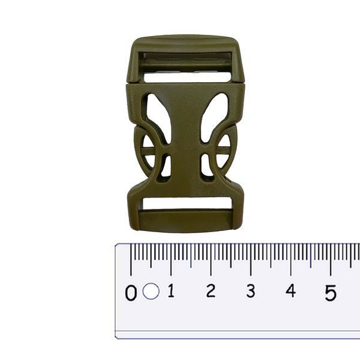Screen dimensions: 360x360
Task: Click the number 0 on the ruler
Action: click(x=131, y=293)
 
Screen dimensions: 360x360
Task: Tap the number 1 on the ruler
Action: click(x=171, y=290)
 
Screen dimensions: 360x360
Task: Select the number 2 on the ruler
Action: click(x=211, y=290)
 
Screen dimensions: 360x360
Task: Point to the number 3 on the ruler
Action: click(x=251, y=290)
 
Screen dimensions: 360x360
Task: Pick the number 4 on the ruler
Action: click(x=290, y=290)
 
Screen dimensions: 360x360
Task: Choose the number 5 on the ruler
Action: click(x=331, y=293)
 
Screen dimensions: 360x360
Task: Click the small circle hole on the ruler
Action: click(x=151, y=291)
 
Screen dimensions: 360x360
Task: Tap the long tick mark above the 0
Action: click(x=131, y=260)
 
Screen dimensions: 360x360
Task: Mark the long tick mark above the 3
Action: click(x=251, y=260)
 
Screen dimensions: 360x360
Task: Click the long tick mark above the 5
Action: click(x=331, y=260)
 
